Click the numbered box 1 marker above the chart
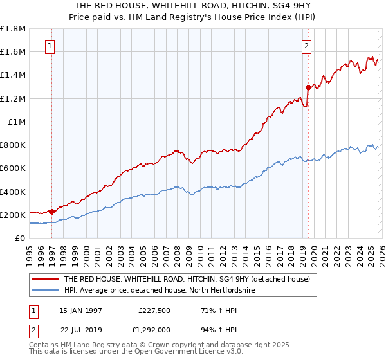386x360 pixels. (x=50, y=46)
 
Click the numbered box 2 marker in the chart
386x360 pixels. (x=307, y=46)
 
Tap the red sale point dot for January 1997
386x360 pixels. (x=52, y=211)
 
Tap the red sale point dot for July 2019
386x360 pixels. (x=308, y=87)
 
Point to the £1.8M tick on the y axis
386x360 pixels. (x=13, y=29)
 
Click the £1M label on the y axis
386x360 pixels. (x=17, y=122)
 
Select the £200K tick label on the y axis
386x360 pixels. (x=13, y=215)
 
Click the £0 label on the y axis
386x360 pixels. (x=21, y=238)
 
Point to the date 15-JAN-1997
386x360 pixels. (x=80, y=310)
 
